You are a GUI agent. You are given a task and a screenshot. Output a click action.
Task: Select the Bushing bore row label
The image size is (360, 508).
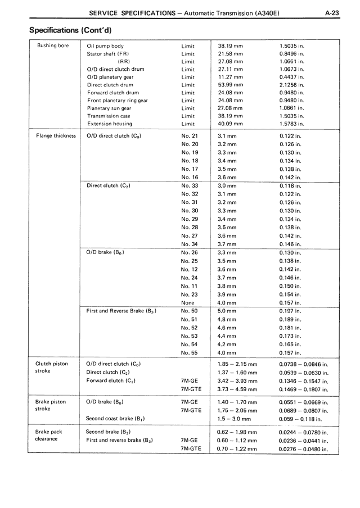tap(53, 46)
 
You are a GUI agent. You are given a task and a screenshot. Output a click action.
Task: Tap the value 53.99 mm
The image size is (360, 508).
tap(229, 85)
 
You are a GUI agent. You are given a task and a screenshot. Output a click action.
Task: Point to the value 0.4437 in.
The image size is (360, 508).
tap(292, 77)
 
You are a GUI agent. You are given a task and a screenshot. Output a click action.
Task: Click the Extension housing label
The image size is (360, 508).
tap(110, 124)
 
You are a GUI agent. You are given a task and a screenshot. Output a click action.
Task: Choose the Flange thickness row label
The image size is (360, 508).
tap(56, 136)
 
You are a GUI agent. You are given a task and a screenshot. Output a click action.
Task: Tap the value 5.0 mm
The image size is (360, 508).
tap(227, 311)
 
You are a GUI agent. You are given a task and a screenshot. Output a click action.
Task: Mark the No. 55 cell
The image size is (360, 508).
tap(190, 352)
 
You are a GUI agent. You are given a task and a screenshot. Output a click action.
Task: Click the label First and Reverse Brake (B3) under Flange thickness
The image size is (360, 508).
tap(121, 311)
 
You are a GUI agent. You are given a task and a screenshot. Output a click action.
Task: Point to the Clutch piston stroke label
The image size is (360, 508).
tap(52, 368)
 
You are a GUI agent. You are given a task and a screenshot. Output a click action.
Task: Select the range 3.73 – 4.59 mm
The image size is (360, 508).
tap(237, 388)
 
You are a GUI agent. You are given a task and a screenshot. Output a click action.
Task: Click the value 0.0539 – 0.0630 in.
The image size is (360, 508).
tap(303, 372)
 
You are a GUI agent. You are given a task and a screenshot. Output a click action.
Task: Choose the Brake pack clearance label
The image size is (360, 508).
tap(47, 435)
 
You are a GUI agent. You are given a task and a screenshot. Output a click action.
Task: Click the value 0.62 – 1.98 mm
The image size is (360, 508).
tap(237, 432)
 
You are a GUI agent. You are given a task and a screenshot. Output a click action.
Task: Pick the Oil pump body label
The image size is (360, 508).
tap(105, 46)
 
